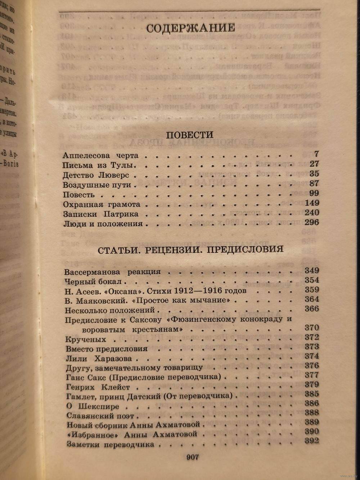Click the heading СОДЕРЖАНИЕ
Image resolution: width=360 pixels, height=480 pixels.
point(190,28)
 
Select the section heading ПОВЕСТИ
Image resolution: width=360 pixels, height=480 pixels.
point(189,135)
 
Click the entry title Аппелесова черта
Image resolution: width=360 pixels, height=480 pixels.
point(100,156)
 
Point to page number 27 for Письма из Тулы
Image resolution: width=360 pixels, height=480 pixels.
point(314,164)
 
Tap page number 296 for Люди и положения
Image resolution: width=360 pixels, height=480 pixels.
point(311,222)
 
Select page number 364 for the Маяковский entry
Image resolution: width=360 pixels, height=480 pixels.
point(311,299)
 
